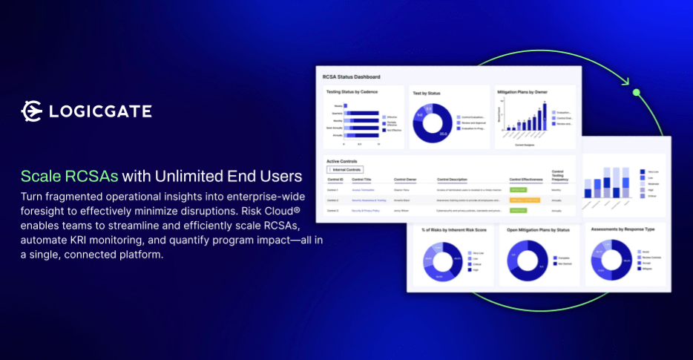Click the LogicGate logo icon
pos(32,111)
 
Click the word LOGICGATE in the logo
pos(99,112)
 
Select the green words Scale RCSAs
pos(69,177)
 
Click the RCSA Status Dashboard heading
pos(351,76)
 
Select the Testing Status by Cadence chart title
pos(352,92)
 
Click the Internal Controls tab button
pos(345,169)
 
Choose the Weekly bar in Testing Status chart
pos(345,106)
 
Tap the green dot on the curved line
pos(636,92)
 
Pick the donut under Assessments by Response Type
pos(611,260)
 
